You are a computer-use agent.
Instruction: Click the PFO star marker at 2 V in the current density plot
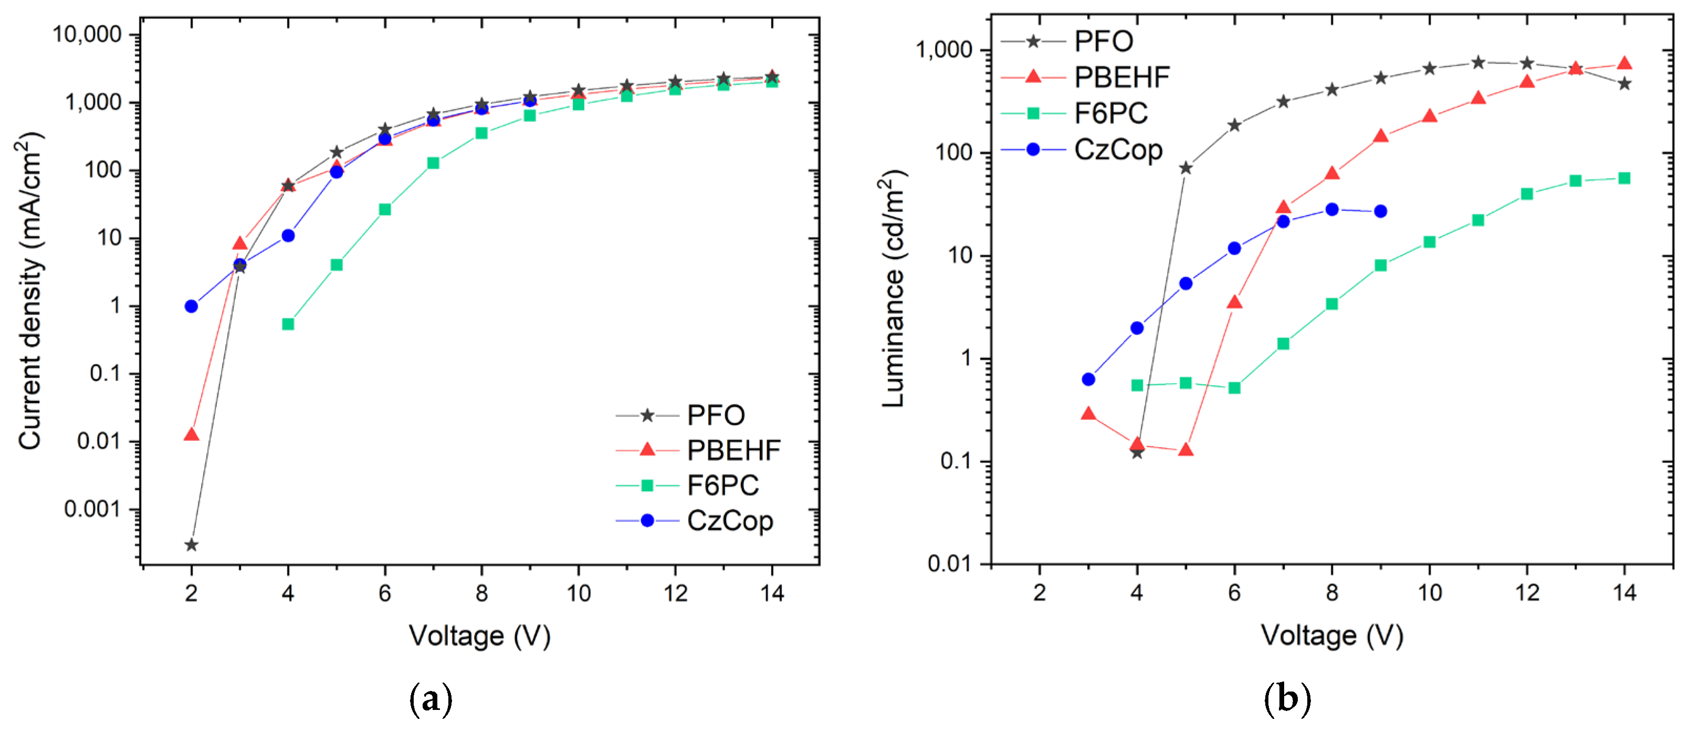tap(191, 545)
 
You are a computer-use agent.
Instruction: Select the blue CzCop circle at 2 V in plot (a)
tap(191, 306)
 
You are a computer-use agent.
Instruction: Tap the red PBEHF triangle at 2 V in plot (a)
tap(191, 434)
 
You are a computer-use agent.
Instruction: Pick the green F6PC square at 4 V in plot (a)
tap(288, 324)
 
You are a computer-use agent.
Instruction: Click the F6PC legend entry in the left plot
tap(722, 486)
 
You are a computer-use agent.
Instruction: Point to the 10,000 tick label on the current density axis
tap(87, 34)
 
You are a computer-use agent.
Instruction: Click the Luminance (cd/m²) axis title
tap(893, 289)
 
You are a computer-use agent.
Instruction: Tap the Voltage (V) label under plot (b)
tap(1332, 635)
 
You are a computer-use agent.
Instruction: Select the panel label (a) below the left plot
tap(431, 700)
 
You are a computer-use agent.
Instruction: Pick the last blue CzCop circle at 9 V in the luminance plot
tap(1380, 211)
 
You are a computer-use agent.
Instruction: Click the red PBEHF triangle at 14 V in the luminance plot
tap(1624, 63)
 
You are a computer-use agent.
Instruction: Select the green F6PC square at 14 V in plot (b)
tap(1624, 178)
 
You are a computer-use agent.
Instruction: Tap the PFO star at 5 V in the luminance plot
tap(1185, 168)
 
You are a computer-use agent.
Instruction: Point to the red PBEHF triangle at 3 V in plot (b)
tap(1088, 414)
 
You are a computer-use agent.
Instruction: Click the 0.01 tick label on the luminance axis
tap(949, 563)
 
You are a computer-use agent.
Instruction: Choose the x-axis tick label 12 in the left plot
tap(675, 593)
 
